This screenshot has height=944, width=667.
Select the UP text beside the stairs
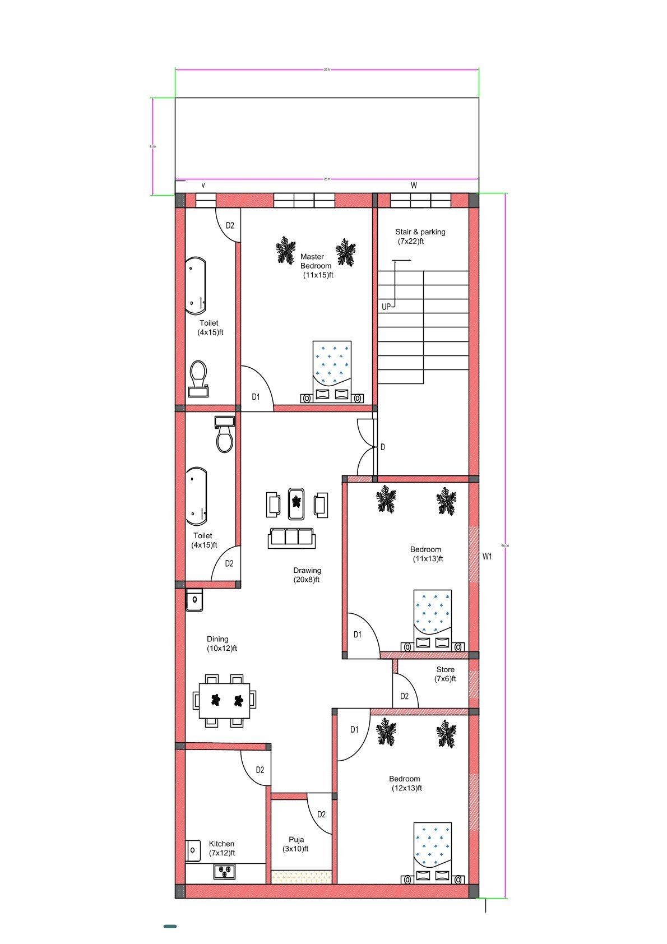tap(386, 307)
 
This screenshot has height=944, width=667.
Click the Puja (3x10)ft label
tap(296, 844)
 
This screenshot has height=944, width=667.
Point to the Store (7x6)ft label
tap(445, 674)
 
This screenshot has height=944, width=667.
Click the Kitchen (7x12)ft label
tap(221, 848)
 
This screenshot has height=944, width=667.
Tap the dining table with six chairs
tap(224, 700)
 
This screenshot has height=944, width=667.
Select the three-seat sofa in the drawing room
tap(291, 538)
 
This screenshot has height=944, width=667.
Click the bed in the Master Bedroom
tap(332, 370)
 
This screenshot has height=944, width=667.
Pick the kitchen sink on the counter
tap(224, 872)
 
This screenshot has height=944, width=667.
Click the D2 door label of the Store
tap(405, 696)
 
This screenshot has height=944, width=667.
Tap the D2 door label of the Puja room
tap(321, 814)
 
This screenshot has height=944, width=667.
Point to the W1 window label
tap(487, 556)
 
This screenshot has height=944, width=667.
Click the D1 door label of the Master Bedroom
tap(256, 396)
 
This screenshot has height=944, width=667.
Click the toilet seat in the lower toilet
tap(225, 437)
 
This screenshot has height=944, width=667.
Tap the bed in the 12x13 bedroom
tap(432, 852)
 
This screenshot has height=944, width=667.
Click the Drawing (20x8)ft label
tap(307, 575)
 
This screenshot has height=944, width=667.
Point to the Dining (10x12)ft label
tap(221, 643)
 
